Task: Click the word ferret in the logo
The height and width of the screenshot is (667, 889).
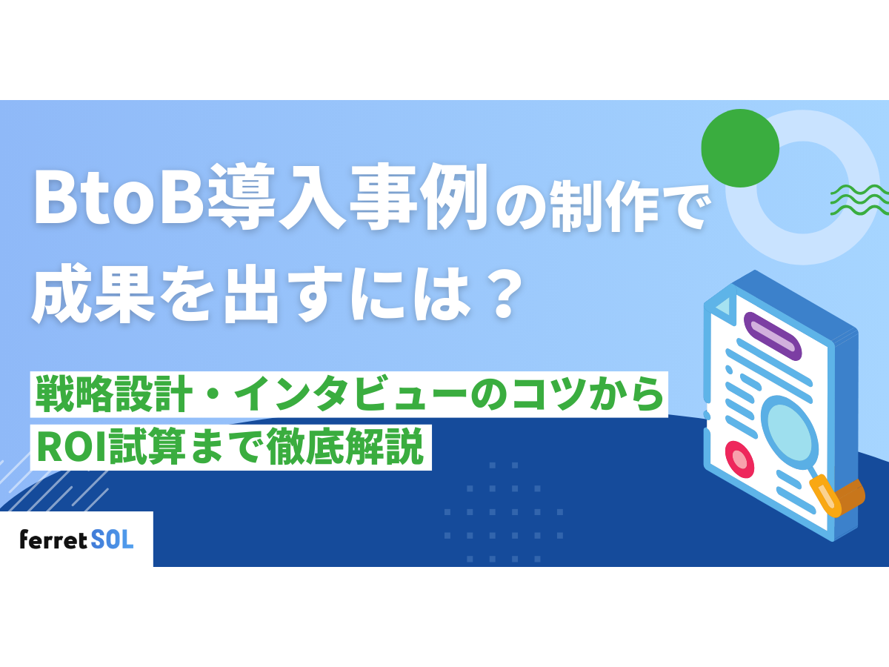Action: pos(53,540)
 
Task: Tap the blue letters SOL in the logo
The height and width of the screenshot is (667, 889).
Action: pos(113,540)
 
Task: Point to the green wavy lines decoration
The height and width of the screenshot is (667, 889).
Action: pos(859,199)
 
